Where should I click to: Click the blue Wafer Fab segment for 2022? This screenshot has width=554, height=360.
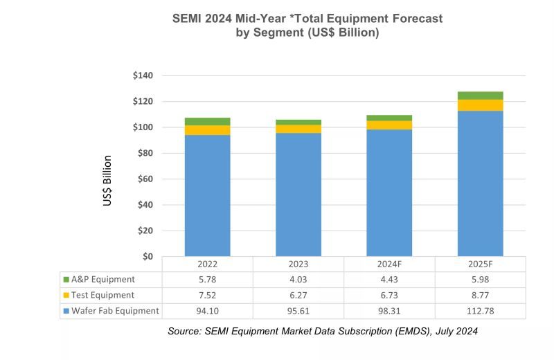pos(207,195)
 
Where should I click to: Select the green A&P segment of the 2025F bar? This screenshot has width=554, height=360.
pos(480,96)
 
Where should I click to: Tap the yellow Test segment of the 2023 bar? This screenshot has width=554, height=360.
pos(298,129)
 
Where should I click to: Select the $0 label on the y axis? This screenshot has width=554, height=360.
pos(148,256)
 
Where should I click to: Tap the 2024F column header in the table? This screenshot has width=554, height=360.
pos(389,264)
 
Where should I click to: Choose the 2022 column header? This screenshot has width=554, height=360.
pos(207,264)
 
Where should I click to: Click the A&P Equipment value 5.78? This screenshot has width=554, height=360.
pos(207,280)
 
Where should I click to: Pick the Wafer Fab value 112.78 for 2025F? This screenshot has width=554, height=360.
pos(480,311)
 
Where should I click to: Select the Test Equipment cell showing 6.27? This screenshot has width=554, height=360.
pos(298,296)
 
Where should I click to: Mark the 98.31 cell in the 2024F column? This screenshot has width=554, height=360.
pos(389,311)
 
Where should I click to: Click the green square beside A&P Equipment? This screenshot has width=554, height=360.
pos(66,280)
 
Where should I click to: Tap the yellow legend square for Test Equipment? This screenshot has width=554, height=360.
pos(66,296)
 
